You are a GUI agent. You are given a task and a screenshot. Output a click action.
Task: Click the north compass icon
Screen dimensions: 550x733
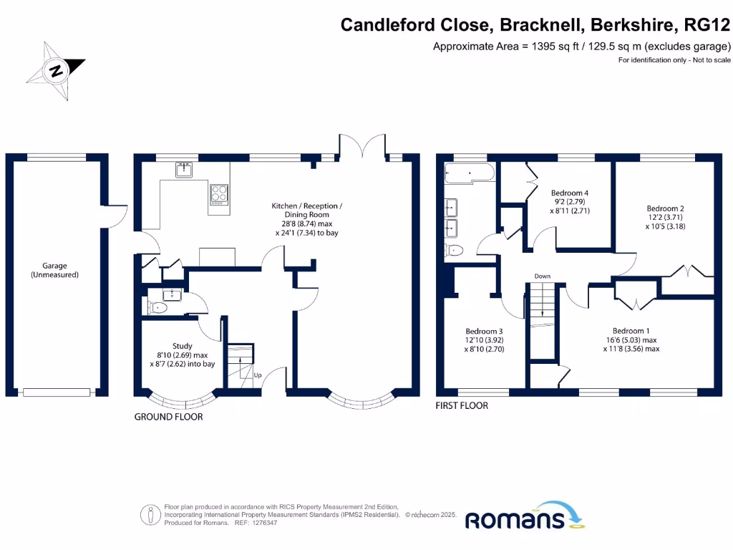pyautogui.click(x=56, y=70)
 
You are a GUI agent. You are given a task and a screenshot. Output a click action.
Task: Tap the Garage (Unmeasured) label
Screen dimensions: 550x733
pyautogui.click(x=54, y=270)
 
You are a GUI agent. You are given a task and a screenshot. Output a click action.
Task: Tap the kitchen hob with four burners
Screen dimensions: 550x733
pyautogui.click(x=218, y=193)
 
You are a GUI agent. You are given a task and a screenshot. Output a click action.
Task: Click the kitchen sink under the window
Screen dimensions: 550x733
pyautogui.click(x=185, y=170)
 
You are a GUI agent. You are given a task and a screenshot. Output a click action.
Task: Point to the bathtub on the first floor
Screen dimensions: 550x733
pyautogui.click(x=469, y=173)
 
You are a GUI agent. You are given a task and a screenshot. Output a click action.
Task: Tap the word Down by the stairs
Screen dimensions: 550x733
pyautogui.click(x=542, y=276)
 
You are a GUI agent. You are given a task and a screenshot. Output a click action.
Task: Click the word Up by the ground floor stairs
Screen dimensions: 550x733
pyautogui.click(x=258, y=375)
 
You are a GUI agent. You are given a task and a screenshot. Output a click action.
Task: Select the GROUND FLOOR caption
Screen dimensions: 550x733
pyautogui.click(x=168, y=417)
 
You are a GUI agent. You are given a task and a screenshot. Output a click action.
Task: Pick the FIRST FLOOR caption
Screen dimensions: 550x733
pyautogui.click(x=462, y=405)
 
